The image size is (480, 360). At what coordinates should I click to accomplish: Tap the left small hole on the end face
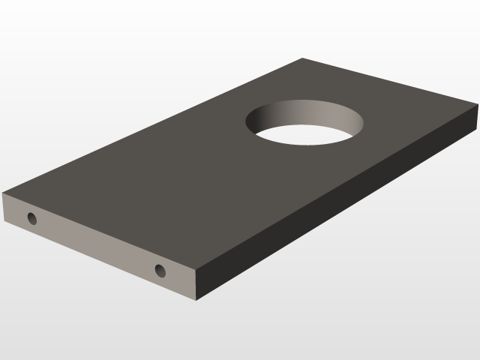point(31,219)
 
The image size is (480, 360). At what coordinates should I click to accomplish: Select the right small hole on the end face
point(160,271)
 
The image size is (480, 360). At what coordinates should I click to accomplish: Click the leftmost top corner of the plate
point(3,193)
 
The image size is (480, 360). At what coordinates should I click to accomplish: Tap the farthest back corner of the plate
point(302,58)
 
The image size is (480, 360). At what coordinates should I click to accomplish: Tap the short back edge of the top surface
point(390,82)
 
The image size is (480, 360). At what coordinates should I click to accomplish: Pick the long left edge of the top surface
point(150,126)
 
